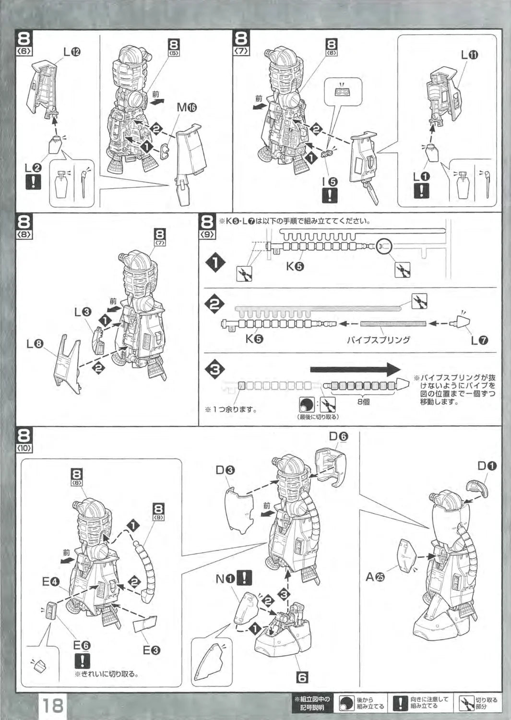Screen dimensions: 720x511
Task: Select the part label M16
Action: coord(187,108)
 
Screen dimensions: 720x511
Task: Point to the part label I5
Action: coord(331,182)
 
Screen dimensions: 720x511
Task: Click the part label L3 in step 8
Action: coord(83,312)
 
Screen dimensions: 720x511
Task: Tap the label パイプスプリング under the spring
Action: coord(379,340)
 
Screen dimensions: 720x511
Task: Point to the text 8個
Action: coord(363,401)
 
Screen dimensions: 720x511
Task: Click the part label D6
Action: coord(339,436)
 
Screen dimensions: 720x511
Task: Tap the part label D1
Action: coord(487,466)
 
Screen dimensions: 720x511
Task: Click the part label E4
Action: coord(50,583)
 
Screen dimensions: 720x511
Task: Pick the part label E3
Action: coord(152,650)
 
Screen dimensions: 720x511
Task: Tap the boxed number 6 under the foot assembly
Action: coord(302,677)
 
